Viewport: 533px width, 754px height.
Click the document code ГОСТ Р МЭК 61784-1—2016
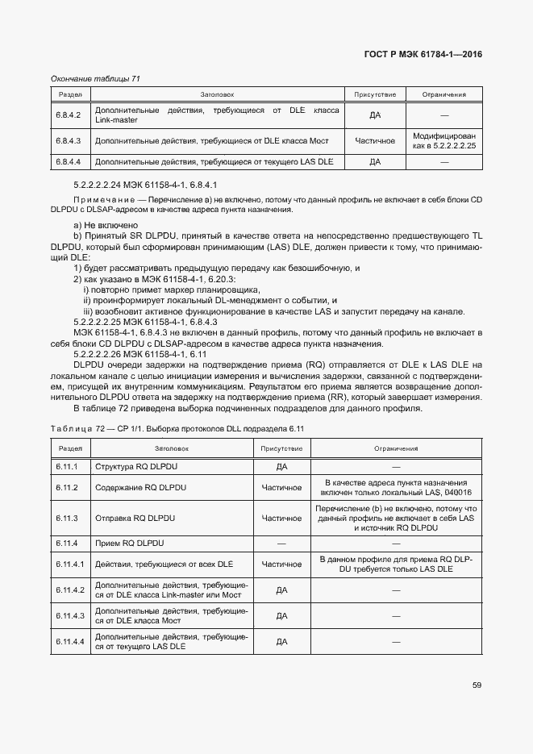pos(423,55)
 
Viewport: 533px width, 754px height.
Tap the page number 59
pos(477,685)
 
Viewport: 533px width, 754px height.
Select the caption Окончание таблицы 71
pos(96,78)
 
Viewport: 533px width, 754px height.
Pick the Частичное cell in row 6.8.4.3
pos(375,141)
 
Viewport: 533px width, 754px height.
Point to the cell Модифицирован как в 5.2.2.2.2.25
pos(443,141)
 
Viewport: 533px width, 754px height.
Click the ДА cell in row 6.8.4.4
pos(375,162)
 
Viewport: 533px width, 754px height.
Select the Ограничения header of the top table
pos(443,95)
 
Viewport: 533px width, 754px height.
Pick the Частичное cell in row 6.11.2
pos(281,487)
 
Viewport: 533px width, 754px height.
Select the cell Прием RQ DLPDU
pos(130,544)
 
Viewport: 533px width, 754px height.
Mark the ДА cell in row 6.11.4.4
pos(281,641)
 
